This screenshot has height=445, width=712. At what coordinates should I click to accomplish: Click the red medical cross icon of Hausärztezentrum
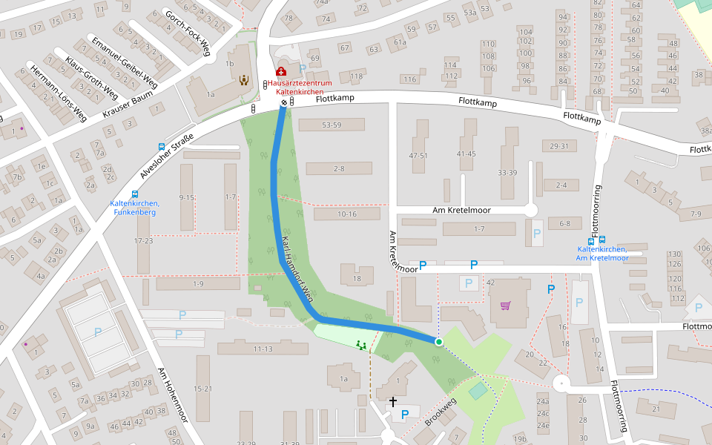[281, 72]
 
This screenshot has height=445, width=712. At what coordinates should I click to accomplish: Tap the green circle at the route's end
[438, 342]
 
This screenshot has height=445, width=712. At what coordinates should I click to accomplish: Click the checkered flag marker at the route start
[283, 102]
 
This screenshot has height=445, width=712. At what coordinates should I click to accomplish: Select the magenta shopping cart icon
[506, 304]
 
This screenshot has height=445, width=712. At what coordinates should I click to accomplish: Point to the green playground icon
[361, 345]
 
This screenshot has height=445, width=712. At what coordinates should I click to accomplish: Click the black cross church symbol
[393, 402]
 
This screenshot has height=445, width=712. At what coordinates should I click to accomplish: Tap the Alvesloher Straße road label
[167, 156]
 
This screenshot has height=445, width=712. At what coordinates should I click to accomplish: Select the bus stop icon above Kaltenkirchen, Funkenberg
[134, 194]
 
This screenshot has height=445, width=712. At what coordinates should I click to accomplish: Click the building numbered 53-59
[332, 125]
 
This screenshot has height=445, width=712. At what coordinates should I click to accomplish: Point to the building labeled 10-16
[347, 214]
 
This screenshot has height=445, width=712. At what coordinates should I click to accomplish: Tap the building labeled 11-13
[263, 349]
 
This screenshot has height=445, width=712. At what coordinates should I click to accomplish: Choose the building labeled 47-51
[418, 156]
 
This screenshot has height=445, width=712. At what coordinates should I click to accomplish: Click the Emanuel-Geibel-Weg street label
[123, 60]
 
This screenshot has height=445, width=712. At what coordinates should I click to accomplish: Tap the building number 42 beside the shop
[490, 283]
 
